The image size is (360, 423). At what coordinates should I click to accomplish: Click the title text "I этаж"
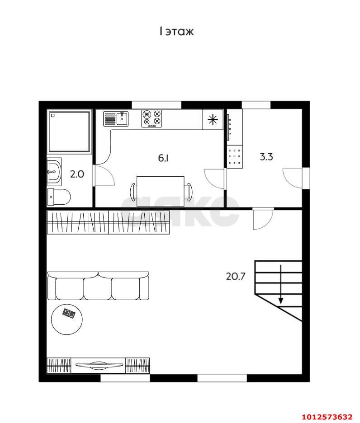177,32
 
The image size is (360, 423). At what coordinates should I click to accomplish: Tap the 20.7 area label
236,277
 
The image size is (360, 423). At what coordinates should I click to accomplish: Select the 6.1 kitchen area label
163,158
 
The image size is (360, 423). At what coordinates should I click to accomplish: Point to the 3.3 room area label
266,157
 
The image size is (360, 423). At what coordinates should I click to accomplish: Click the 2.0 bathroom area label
77,174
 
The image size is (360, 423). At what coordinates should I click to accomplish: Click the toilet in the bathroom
59,197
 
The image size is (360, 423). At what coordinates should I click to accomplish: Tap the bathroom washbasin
54,172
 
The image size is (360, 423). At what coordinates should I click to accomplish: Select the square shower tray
69,132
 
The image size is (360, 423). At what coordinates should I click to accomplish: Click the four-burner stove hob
152,118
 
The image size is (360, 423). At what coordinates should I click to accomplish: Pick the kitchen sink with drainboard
116,119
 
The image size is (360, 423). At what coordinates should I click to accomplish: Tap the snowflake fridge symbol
213,119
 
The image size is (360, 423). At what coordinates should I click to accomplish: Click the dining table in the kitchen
161,191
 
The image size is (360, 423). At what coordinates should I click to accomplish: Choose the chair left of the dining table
133,192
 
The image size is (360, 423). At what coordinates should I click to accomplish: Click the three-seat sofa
98,286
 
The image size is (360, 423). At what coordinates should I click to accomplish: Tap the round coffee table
66,320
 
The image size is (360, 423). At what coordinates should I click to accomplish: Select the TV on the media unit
99,365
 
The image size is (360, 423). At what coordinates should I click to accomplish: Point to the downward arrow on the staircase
281,284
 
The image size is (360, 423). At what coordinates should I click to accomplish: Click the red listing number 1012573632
327,417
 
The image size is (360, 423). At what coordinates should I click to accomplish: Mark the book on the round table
69,313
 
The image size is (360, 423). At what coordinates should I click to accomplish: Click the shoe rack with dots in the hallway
235,157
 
